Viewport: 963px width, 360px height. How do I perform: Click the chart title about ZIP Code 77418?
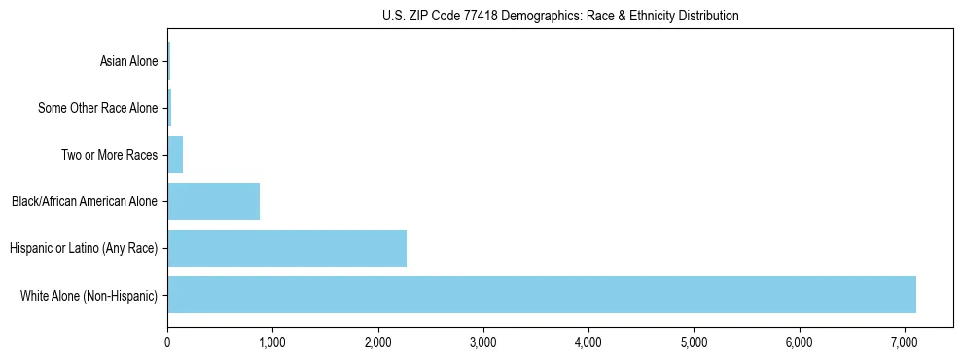click(x=560, y=16)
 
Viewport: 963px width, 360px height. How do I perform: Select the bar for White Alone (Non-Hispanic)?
click(x=542, y=295)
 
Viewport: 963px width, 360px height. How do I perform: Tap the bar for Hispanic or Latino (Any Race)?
click(x=287, y=248)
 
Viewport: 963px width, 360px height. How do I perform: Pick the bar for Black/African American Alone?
click(x=214, y=201)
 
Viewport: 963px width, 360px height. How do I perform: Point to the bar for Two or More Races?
click(x=175, y=155)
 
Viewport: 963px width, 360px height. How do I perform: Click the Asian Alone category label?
click(x=128, y=61)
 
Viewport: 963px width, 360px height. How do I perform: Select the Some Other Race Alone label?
click(x=97, y=108)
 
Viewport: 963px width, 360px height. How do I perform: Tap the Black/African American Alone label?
click(x=85, y=201)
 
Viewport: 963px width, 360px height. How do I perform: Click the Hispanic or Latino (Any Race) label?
click(x=84, y=248)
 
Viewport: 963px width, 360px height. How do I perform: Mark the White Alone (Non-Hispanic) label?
click(x=89, y=295)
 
